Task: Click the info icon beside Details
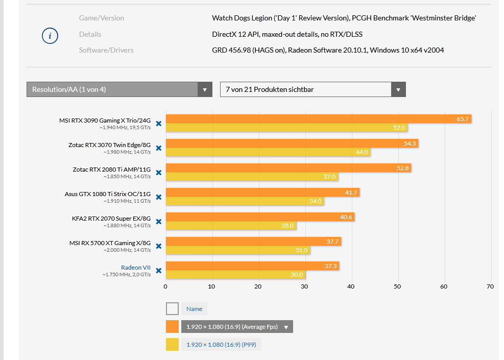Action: click(50, 36)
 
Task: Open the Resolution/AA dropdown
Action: click(119, 89)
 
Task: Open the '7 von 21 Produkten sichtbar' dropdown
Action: click(313, 89)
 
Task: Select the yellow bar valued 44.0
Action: click(266, 152)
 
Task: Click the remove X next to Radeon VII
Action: click(158, 271)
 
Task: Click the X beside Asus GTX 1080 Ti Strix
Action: click(158, 197)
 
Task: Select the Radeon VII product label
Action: click(135, 267)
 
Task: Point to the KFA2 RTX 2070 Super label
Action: click(111, 218)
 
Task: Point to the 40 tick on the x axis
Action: click(351, 286)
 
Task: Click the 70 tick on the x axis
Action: click(490, 286)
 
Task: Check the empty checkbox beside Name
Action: click(172, 308)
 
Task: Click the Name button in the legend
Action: click(195, 309)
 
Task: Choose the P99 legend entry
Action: click(221, 345)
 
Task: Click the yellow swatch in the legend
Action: click(172, 345)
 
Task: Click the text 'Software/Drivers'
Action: click(106, 50)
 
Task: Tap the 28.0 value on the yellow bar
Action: click(287, 226)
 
